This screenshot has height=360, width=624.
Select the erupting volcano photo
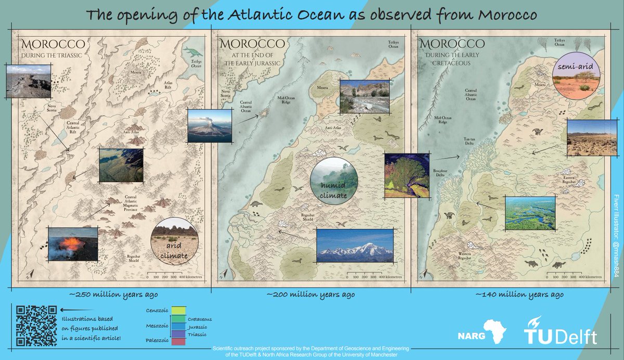point(209,125)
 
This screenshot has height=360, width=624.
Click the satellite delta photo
point(407,175)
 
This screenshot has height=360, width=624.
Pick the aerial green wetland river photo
point(529,213)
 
